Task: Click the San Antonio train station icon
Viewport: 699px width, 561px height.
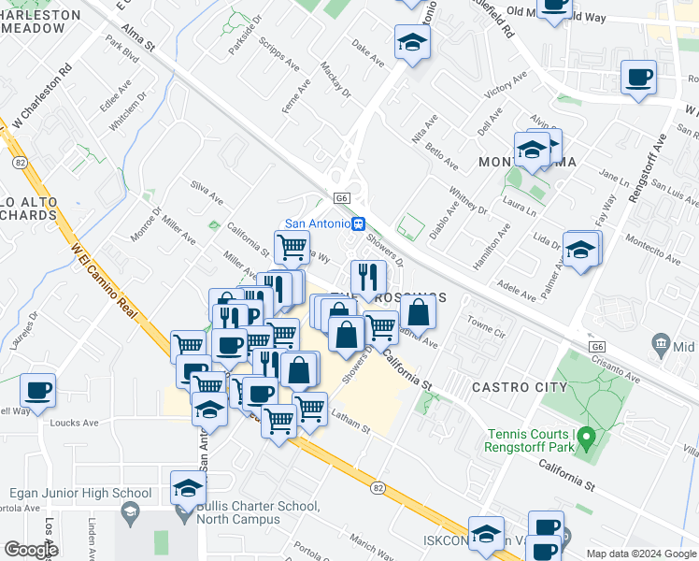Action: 358,223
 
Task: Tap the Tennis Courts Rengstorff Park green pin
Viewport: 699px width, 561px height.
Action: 586,437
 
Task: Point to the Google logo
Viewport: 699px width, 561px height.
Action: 30,549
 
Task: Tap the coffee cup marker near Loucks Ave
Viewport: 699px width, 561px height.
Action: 38,390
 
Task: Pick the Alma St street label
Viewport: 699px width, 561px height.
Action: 136,40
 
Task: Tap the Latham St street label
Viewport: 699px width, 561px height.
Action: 350,424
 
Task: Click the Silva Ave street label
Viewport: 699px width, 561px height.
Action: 207,193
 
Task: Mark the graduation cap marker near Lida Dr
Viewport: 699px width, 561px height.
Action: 581,249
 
